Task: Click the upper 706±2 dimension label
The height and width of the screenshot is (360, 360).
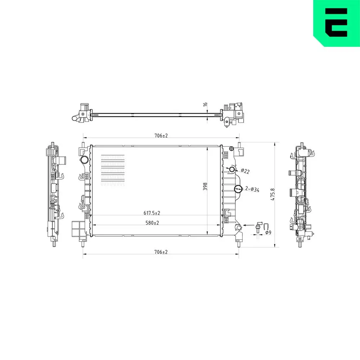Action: [161, 136]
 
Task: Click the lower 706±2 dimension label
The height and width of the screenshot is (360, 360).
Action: [161, 252]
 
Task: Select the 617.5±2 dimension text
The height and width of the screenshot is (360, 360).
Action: [152, 213]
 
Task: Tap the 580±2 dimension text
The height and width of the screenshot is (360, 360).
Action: [152, 223]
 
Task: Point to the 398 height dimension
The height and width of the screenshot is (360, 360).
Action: [205, 186]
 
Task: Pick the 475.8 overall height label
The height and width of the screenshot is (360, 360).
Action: [273, 194]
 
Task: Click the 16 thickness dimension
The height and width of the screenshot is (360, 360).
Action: [205, 104]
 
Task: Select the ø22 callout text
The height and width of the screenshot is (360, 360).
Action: [245, 171]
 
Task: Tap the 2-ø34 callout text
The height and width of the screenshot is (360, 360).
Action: [252, 189]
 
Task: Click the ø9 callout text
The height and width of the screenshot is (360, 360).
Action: [268, 233]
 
